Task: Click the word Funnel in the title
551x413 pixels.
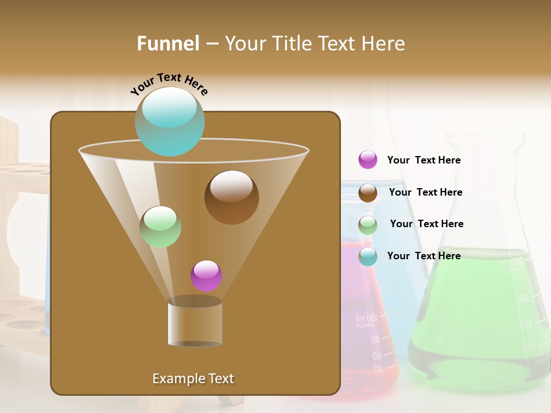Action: click(x=168, y=44)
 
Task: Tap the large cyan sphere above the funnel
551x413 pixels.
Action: click(x=169, y=121)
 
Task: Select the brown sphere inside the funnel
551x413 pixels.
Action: click(x=231, y=197)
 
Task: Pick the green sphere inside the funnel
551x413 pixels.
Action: click(x=160, y=227)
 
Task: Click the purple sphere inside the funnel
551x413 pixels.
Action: click(x=206, y=276)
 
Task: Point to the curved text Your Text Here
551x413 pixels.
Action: click(x=169, y=83)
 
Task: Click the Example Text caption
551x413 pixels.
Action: click(x=193, y=379)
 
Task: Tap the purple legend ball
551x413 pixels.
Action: click(x=368, y=160)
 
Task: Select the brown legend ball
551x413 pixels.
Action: click(x=368, y=193)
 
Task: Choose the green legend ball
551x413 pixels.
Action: click(x=368, y=225)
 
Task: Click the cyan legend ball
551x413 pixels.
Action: click(x=368, y=256)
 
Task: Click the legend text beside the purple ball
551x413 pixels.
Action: click(x=424, y=161)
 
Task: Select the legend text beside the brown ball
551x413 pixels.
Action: click(x=425, y=193)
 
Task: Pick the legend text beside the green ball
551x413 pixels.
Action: click(x=426, y=224)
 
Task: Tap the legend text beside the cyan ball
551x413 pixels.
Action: click(x=424, y=256)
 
